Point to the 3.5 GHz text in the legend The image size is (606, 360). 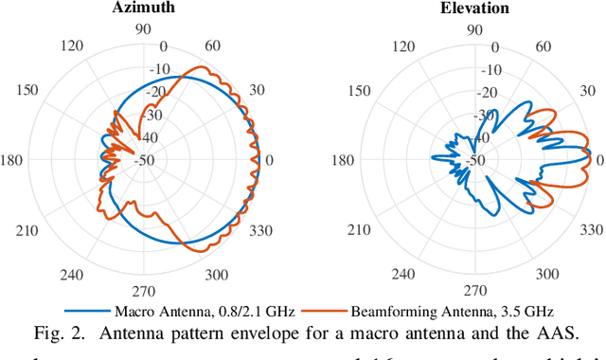click(x=516, y=310)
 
